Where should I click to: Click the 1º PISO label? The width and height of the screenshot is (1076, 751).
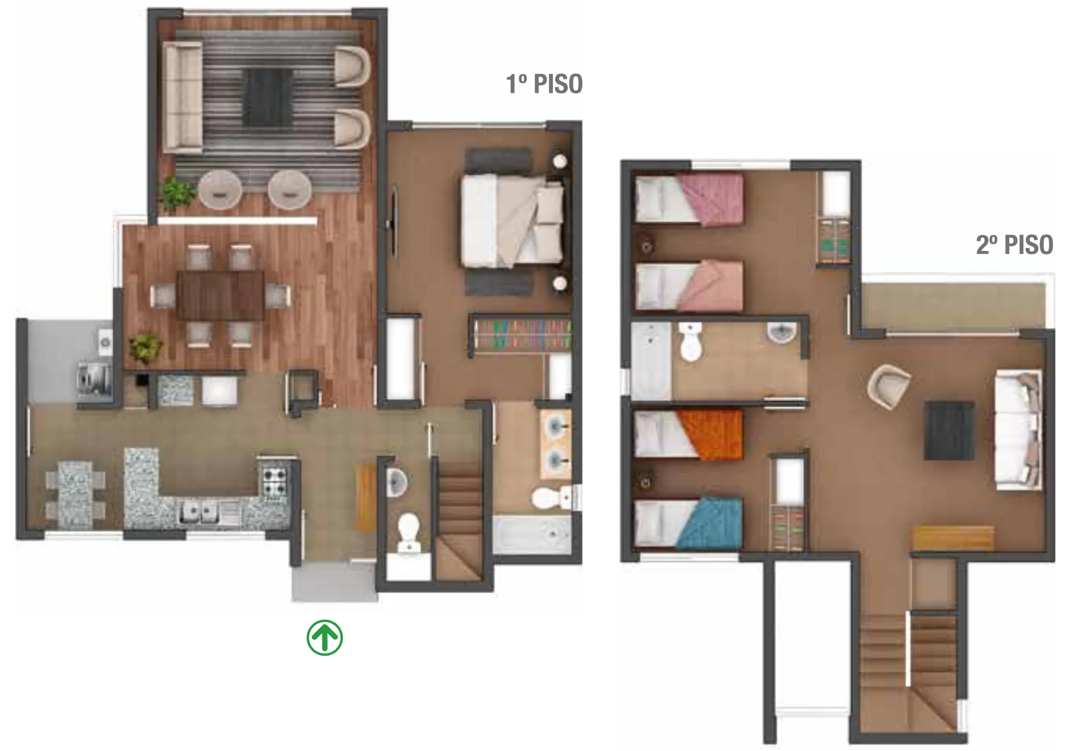coord(544,84)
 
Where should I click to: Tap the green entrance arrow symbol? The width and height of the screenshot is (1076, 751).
coord(325,638)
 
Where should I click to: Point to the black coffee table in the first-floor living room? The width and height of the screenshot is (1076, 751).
coord(269,97)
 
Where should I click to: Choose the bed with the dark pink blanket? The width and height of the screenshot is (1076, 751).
coord(689,198)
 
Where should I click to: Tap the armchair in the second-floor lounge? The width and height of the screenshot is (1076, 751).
coord(888,386)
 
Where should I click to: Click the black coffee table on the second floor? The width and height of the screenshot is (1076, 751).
coord(949,430)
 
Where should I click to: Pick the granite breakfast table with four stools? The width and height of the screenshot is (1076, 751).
coord(75,495)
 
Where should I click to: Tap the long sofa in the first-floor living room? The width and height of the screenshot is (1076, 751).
coord(184,97)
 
